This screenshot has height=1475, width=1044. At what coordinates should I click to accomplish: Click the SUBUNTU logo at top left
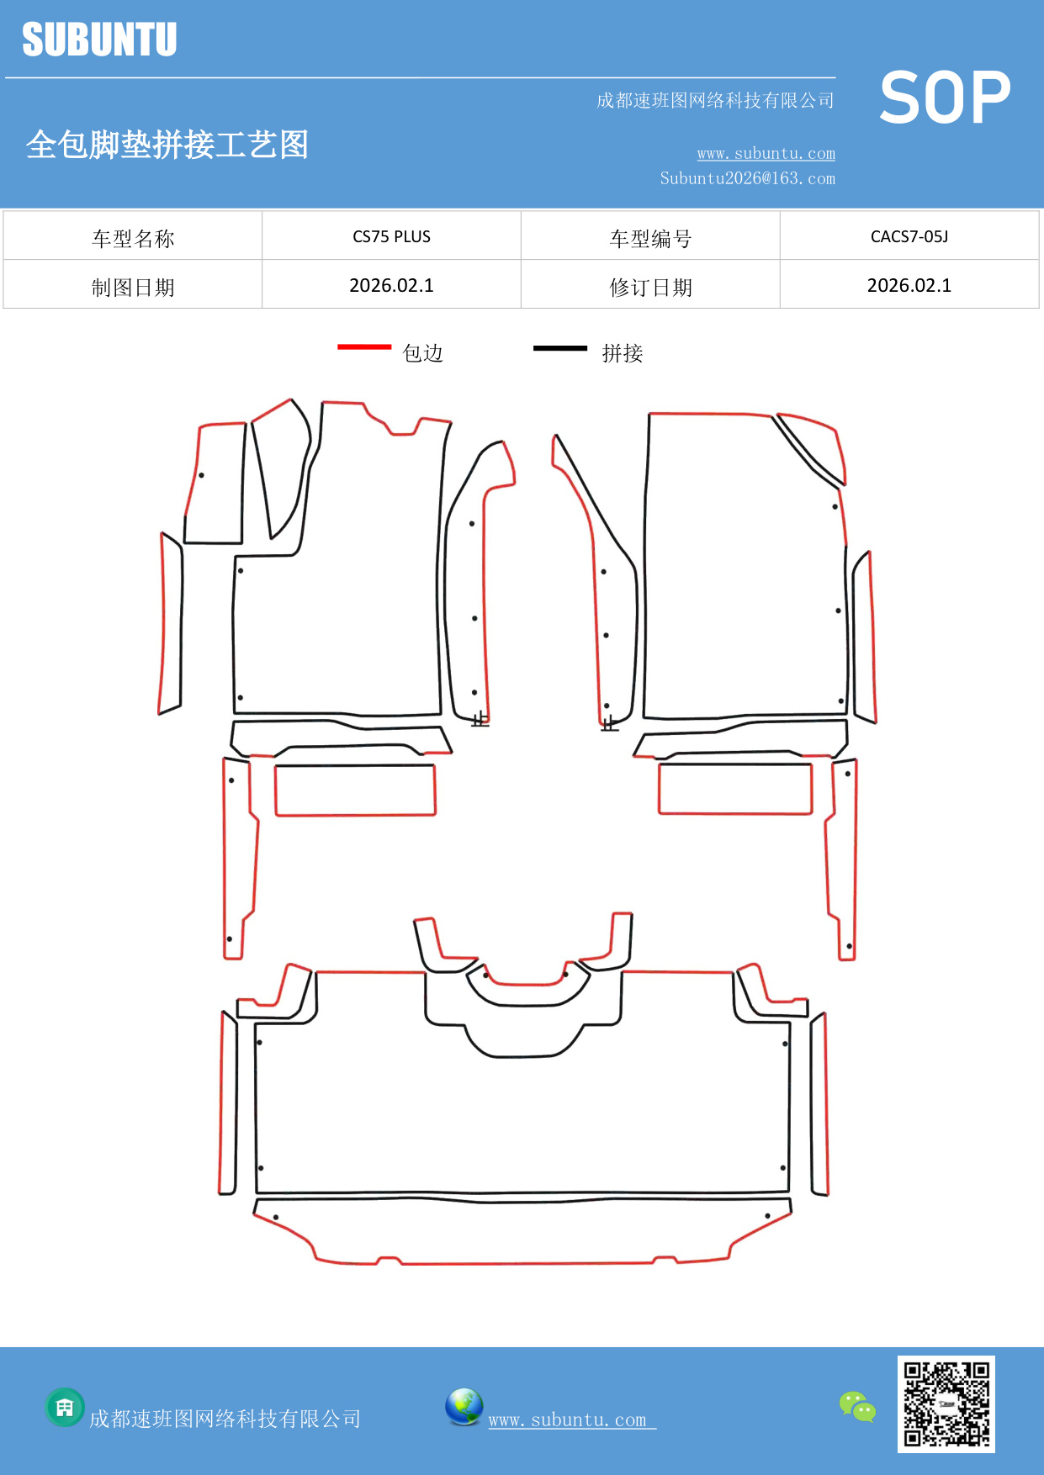(x=99, y=40)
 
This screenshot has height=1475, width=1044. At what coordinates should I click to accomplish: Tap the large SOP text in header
(x=945, y=98)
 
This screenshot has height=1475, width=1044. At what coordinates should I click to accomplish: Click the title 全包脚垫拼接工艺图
(x=167, y=145)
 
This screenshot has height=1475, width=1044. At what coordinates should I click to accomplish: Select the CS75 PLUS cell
(x=391, y=236)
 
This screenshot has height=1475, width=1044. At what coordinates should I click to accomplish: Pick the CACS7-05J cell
(x=909, y=236)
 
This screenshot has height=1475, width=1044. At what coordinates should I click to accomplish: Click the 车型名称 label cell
(x=133, y=238)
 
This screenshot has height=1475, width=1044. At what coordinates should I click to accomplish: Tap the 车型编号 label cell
(x=650, y=238)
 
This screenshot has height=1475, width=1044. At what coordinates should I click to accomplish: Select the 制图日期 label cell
(x=133, y=287)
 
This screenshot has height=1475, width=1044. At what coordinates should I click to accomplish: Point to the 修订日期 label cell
(x=650, y=287)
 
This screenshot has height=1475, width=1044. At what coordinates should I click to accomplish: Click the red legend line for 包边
(x=364, y=346)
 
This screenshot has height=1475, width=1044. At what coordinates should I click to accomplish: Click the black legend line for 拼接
(x=559, y=347)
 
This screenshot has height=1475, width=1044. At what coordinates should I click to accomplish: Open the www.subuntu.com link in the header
(x=766, y=153)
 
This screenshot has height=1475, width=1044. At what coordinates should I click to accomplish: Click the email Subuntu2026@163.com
(x=747, y=178)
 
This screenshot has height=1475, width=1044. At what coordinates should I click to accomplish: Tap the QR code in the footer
(x=946, y=1404)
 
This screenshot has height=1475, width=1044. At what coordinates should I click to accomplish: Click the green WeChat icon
(x=857, y=1406)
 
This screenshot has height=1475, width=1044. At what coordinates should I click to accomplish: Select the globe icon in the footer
(x=464, y=1407)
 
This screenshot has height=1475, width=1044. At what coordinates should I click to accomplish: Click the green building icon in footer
(x=65, y=1407)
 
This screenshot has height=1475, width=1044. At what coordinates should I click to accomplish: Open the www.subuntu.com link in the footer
(x=568, y=1419)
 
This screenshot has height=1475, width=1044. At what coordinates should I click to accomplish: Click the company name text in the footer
(x=225, y=1419)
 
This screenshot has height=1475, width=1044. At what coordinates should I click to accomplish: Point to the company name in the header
(x=715, y=101)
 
